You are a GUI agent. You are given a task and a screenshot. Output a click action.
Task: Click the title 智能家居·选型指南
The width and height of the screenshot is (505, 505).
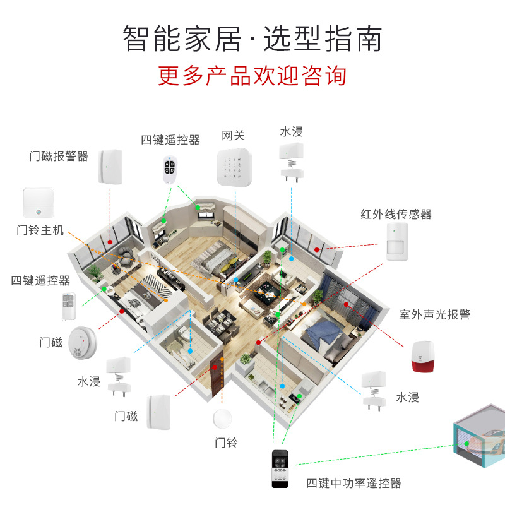coord(252,39)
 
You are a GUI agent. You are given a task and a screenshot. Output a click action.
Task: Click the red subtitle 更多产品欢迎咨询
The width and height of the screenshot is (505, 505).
coord(252,76)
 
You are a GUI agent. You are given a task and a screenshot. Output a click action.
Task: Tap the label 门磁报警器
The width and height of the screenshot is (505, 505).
coord(59,156)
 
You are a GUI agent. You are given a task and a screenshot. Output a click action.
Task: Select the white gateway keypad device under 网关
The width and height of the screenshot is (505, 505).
coord(235,167)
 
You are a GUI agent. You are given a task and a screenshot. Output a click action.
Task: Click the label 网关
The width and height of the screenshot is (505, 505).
coord(233,135)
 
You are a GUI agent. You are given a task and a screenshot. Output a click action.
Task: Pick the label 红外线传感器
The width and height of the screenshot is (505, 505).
coord(396,214)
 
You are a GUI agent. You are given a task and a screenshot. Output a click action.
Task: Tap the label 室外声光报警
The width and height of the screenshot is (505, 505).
coord(434,314)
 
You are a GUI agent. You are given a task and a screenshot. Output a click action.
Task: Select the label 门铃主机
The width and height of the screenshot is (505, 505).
coord(40,230)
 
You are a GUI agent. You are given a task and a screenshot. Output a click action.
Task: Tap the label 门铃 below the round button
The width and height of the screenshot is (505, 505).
coord(225,443)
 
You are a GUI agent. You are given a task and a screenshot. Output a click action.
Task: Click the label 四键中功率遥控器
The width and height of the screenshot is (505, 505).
coord(353,484)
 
